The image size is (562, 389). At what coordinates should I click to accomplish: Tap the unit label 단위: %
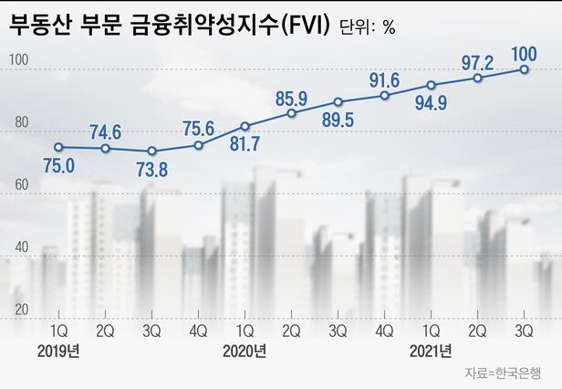click(x=364, y=26)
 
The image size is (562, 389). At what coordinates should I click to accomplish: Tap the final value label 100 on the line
click(x=525, y=47)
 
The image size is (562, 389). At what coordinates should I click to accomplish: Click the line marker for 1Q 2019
click(x=59, y=147)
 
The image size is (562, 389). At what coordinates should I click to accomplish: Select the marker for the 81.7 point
click(x=245, y=126)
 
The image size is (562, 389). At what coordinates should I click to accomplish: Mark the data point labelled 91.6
click(x=385, y=96)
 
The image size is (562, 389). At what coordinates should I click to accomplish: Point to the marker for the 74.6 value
click(x=106, y=148)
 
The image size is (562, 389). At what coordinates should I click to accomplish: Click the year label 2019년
click(x=60, y=351)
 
